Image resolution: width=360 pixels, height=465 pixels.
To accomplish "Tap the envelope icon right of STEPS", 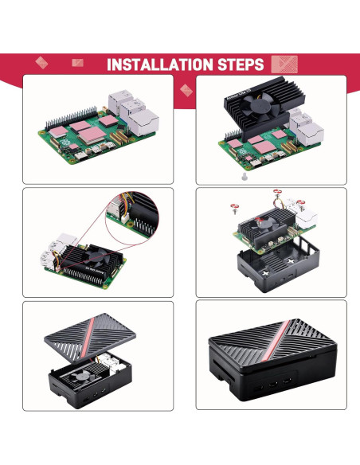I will point(284,64).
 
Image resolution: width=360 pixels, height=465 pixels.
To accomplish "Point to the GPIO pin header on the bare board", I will point(68,111).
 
